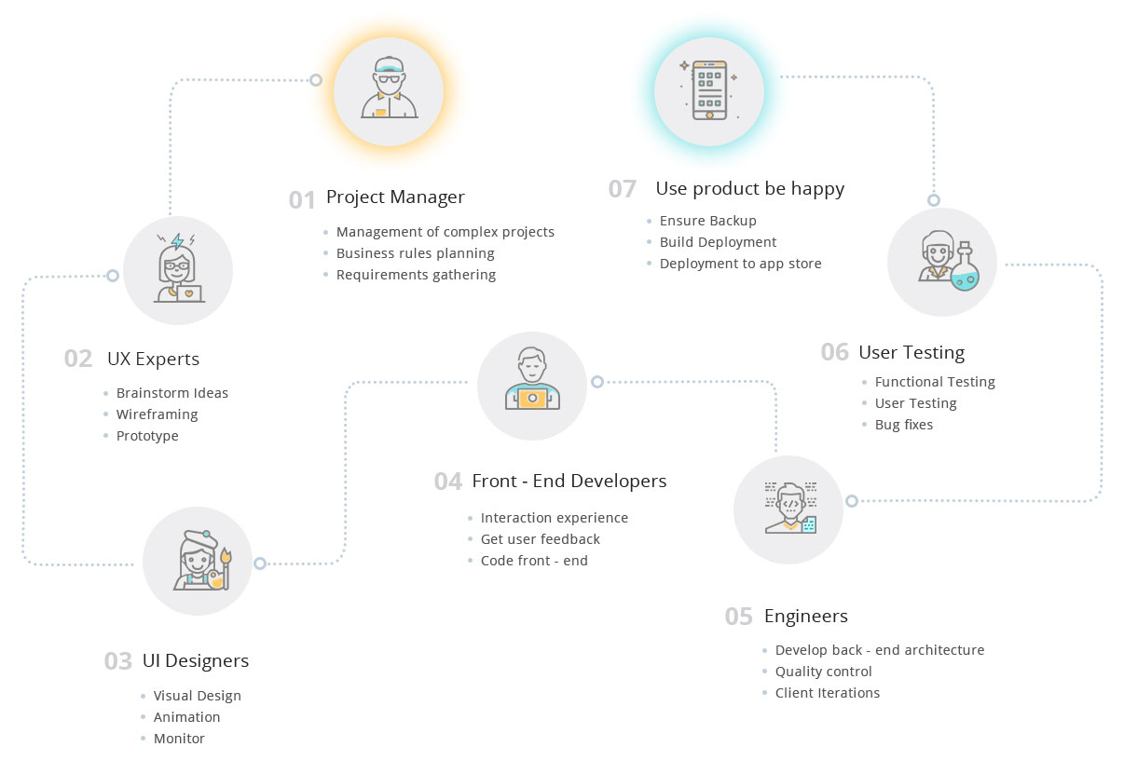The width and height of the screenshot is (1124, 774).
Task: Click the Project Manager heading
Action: (x=395, y=197)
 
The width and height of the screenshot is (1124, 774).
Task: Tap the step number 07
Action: (x=623, y=189)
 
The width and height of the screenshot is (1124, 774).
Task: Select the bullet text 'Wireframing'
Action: (x=157, y=414)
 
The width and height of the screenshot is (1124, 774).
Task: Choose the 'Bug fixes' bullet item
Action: (x=904, y=425)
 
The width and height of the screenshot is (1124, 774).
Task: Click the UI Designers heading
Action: (x=196, y=661)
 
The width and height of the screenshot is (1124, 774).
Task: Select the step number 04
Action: (x=448, y=482)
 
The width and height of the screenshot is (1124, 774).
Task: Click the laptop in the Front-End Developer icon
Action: (x=532, y=399)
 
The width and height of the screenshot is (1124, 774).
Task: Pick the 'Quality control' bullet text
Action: (x=824, y=672)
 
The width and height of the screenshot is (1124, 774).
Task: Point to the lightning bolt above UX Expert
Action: (x=177, y=241)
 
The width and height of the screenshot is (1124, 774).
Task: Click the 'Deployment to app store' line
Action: (x=740, y=264)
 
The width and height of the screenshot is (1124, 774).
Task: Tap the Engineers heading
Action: (x=806, y=617)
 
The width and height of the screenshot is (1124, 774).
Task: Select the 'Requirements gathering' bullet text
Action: (x=416, y=275)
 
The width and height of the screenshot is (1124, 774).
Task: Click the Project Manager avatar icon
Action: (x=389, y=89)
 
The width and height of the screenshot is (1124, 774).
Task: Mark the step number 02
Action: (x=78, y=359)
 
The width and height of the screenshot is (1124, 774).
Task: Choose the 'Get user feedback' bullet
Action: (x=541, y=539)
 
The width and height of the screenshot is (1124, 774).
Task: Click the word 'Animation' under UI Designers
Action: (x=186, y=717)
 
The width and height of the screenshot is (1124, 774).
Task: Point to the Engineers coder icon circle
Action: (x=788, y=509)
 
